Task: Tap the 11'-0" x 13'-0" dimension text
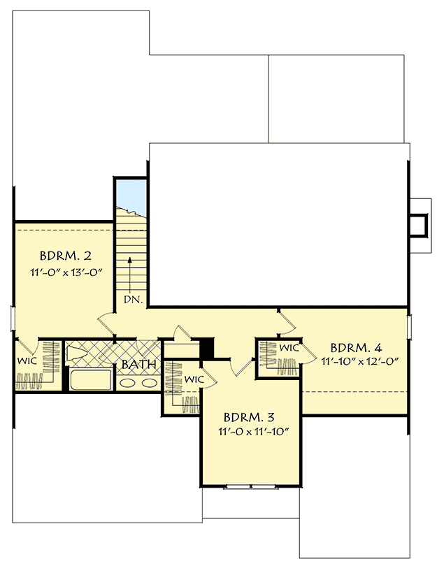(x=62, y=272)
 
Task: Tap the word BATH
(x=138, y=365)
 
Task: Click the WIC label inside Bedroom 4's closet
(x=289, y=347)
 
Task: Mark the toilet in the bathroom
(x=77, y=353)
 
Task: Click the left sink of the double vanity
(x=126, y=384)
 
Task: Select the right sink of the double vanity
(x=149, y=384)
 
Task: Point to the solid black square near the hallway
(x=206, y=348)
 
